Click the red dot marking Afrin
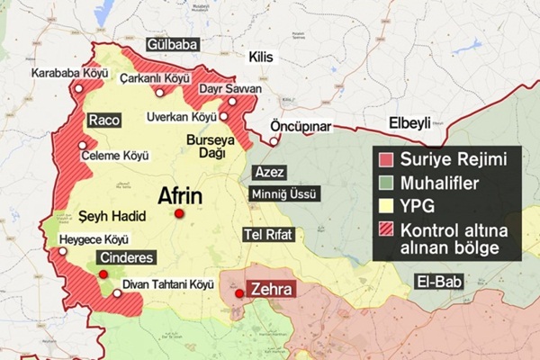click(180, 213)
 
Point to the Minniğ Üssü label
click(285, 193)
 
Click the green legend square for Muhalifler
click(384, 183)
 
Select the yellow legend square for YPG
click(384, 205)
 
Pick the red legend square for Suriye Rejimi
click(384, 160)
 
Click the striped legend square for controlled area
click(384, 229)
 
